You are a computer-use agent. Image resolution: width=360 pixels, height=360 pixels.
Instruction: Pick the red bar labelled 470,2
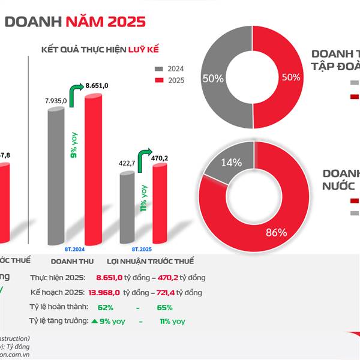159,204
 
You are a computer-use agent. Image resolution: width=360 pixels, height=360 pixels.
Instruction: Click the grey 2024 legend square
158,68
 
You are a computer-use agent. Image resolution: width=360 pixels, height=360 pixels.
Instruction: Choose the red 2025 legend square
158,80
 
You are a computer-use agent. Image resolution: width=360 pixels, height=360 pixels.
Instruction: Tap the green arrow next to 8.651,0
76,94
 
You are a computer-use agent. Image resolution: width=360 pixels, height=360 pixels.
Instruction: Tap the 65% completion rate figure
164,307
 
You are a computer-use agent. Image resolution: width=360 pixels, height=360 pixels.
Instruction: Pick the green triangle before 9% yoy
94,322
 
